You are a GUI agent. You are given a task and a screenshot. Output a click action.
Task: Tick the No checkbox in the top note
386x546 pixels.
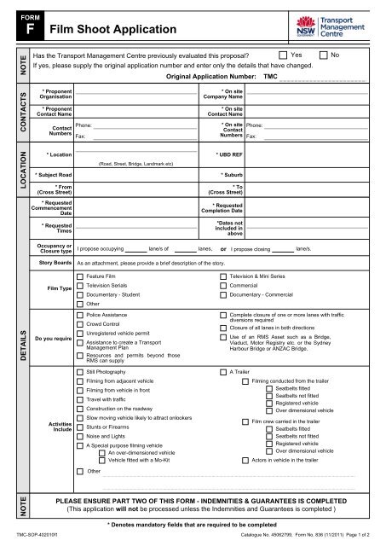tap(324, 54)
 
